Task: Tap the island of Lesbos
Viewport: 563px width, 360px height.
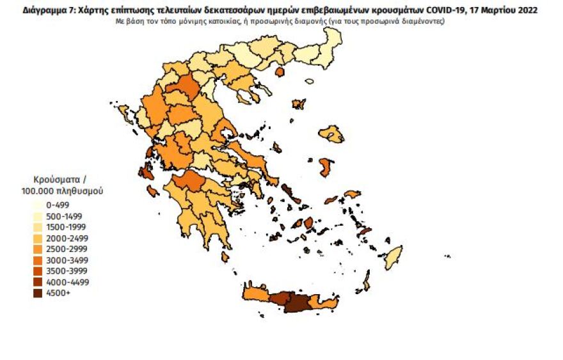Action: point(333,134)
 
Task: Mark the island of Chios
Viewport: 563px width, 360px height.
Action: point(326,167)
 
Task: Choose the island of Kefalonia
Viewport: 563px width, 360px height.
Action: point(145,172)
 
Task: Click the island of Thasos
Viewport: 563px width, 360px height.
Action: point(279,72)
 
